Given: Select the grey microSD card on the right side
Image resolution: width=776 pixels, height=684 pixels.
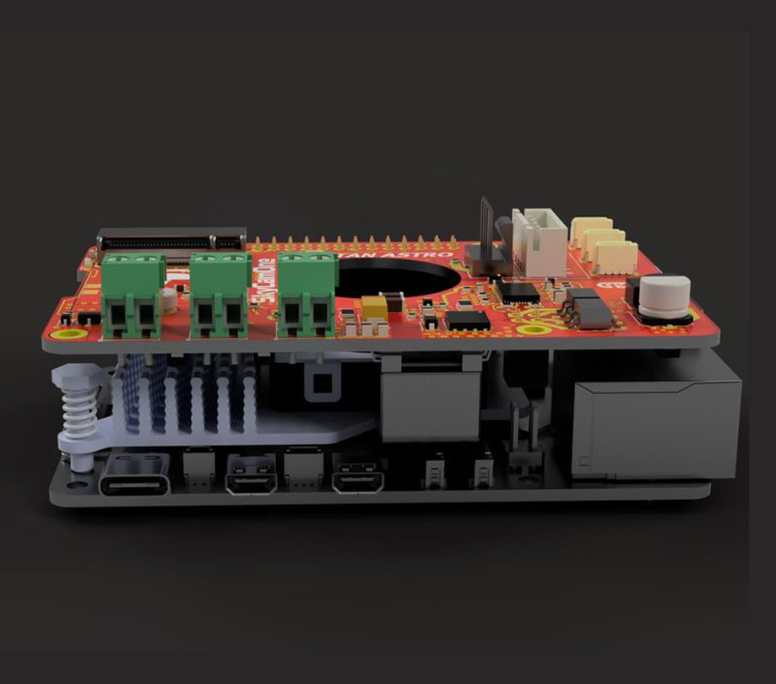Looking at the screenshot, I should click(x=651, y=426).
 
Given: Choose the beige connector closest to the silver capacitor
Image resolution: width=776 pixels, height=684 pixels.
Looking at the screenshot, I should click(x=615, y=257).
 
